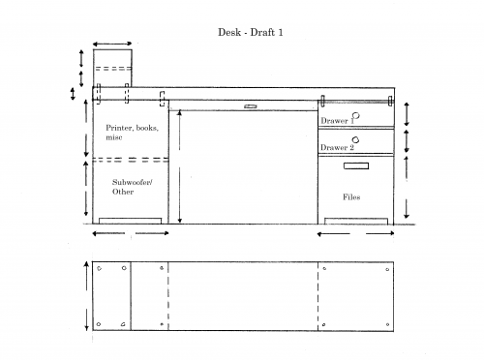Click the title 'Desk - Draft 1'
251,32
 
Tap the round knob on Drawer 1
356,115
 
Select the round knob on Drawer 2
355,140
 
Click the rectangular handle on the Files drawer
356,165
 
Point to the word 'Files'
351,196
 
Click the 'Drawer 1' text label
337,121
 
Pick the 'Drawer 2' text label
337,147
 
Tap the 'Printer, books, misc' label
132,133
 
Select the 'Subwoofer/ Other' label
133,187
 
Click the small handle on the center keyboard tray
251,106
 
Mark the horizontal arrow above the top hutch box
112,44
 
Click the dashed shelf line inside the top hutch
112,69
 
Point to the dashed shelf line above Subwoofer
131,160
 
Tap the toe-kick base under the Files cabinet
356,221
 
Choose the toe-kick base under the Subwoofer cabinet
130,221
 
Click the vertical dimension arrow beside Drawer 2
407,141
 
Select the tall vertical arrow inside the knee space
180,166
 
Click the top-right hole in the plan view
387,269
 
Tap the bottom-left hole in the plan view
99,324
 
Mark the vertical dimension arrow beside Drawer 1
407,114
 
